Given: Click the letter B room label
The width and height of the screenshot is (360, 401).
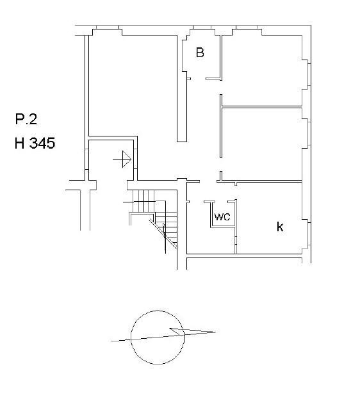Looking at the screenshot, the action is (200, 52).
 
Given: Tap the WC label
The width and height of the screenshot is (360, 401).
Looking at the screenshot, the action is (222, 217).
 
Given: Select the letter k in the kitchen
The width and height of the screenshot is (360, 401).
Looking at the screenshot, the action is (280, 227).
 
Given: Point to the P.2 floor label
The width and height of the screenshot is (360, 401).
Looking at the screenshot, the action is (26, 119).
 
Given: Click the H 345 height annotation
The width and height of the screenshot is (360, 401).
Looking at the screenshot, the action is (35, 143).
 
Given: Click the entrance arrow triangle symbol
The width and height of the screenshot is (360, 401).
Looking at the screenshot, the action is (127, 159).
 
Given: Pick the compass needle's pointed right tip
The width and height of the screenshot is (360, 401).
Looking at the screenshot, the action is (215, 332).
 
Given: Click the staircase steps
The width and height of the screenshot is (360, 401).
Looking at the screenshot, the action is (154, 217).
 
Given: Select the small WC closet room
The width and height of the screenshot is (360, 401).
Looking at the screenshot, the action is (223, 215).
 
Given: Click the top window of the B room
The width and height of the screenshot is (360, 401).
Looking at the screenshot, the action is (202, 28).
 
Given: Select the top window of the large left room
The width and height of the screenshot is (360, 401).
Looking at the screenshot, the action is (108, 28).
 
